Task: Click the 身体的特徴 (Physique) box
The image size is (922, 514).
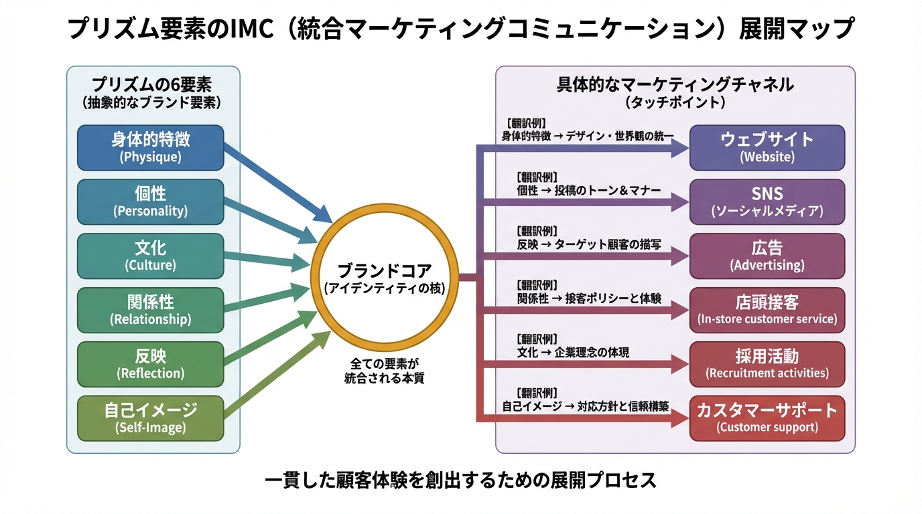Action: (x=150, y=147)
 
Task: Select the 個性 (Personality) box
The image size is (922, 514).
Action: (x=150, y=201)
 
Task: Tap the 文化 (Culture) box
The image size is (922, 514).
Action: (x=150, y=256)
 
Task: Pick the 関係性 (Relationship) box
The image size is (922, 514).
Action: (x=150, y=310)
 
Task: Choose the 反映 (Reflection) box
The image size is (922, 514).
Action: (x=150, y=364)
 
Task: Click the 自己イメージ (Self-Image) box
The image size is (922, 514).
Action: (x=150, y=418)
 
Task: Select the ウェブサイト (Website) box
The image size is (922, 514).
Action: (x=767, y=147)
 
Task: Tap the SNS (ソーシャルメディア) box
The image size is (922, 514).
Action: (x=767, y=201)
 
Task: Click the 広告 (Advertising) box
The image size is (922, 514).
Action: (x=767, y=256)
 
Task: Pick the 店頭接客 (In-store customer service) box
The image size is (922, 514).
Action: (x=767, y=310)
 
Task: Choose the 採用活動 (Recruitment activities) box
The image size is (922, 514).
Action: (x=767, y=364)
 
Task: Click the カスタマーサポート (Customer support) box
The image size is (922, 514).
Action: (x=767, y=418)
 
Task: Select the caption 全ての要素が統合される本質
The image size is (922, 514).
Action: (x=384, y=370)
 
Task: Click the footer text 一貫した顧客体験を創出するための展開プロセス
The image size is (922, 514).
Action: (x=460, y=480)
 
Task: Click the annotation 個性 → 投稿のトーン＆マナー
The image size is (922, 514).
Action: (x=589, y=191)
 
